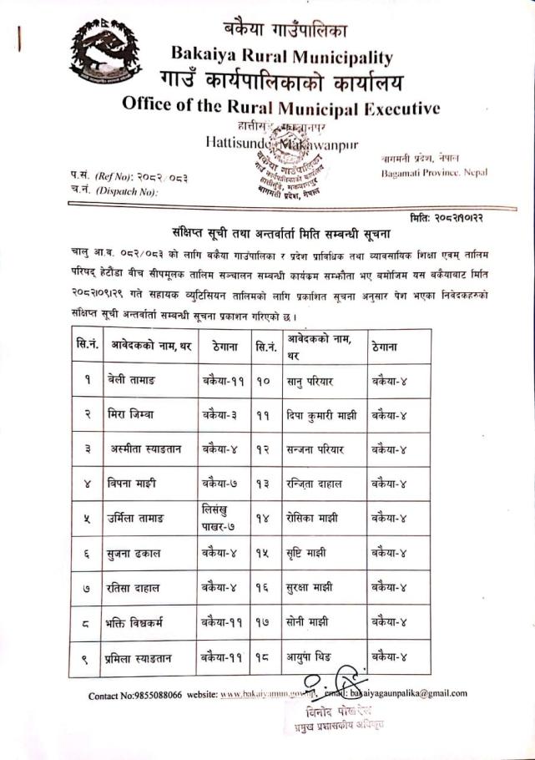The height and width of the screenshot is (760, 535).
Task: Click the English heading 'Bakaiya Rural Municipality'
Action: (281, 57)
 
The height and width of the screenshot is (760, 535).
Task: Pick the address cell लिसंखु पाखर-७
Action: (220, 517)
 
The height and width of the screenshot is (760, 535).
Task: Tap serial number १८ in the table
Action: (262, 656)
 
